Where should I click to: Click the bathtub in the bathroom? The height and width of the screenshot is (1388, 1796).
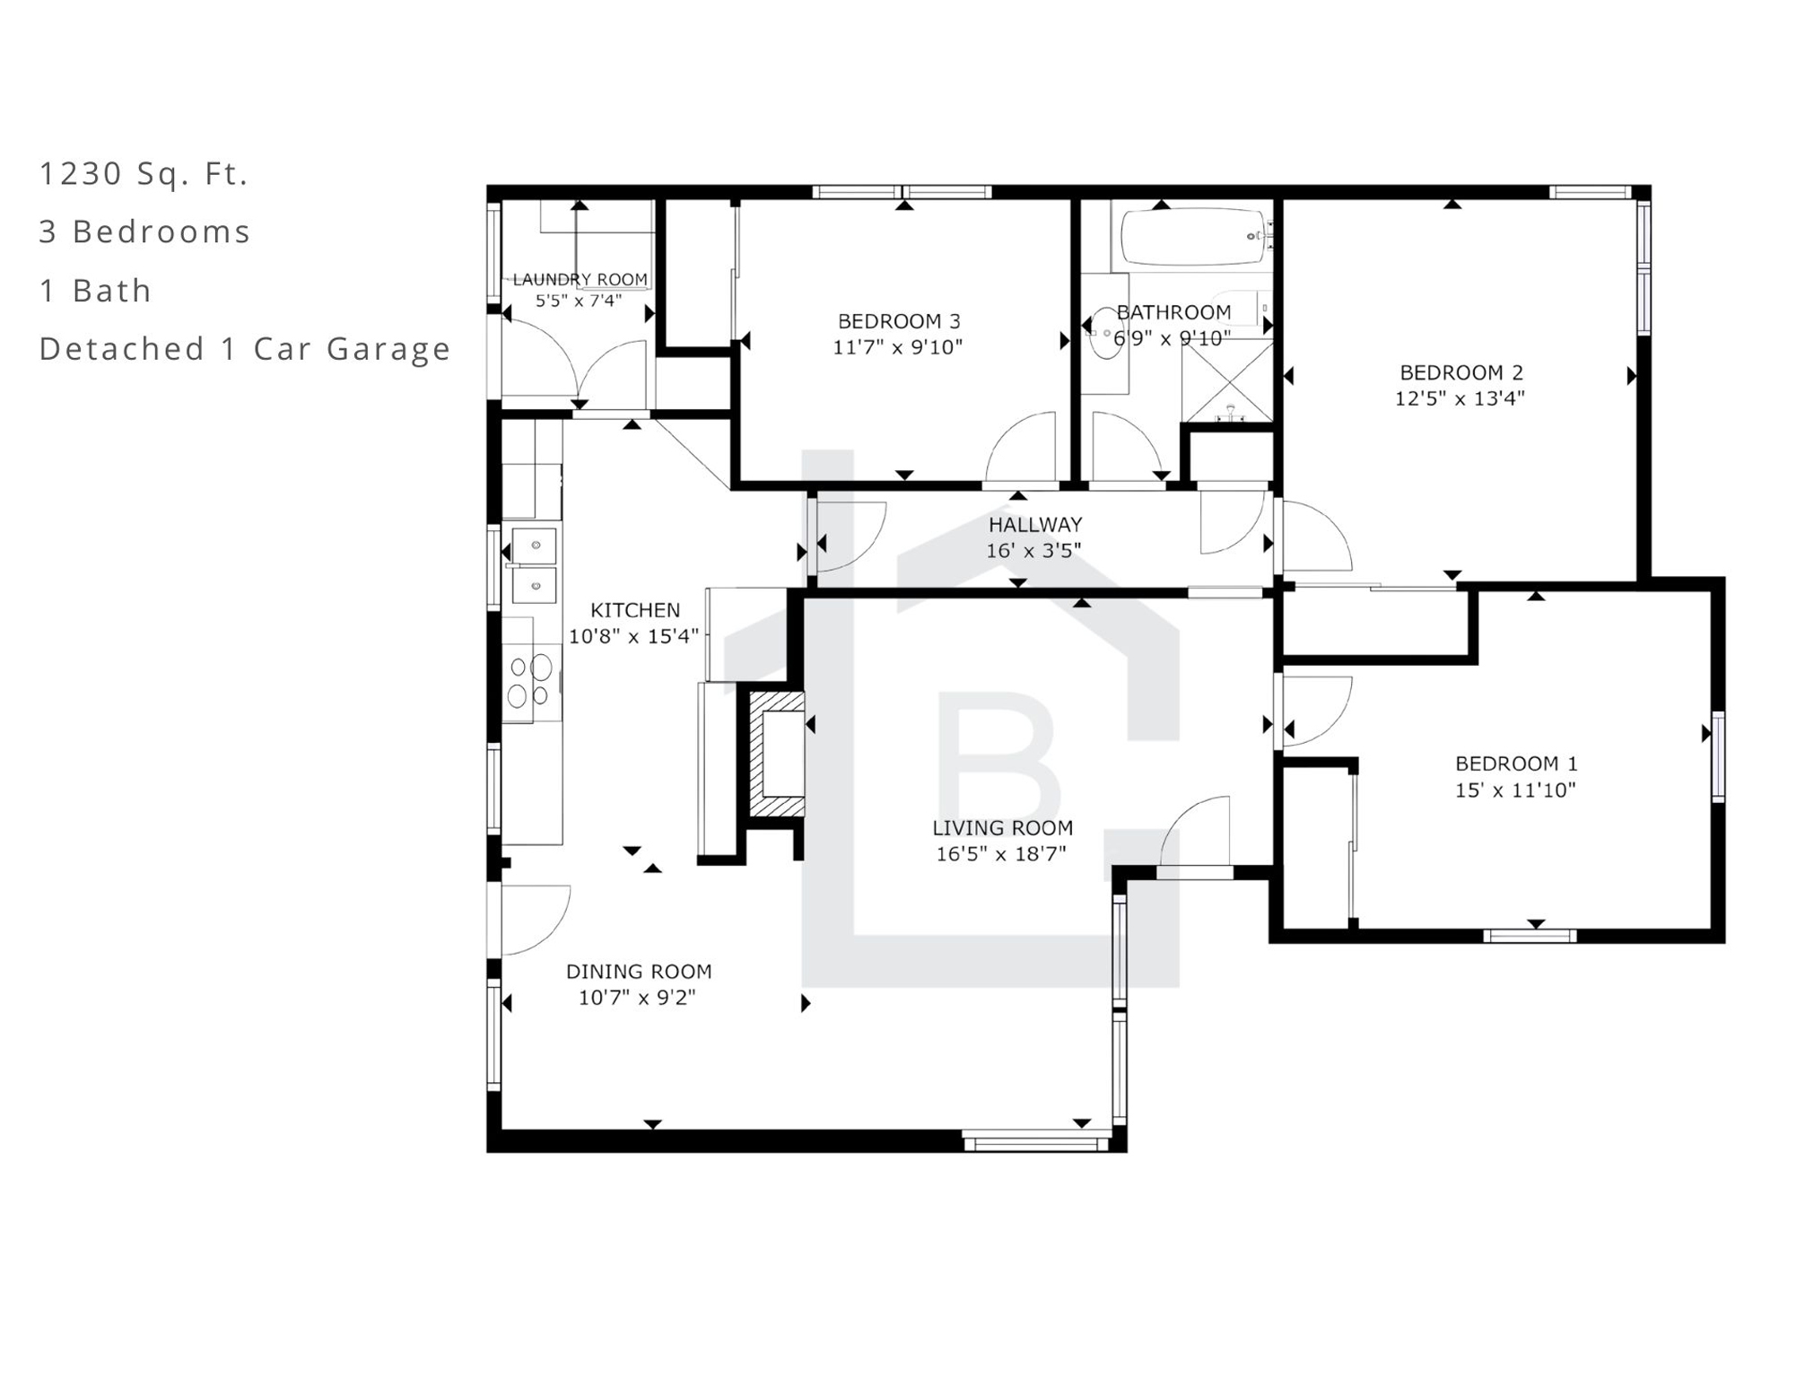1192,236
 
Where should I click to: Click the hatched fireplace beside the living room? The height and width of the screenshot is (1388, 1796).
776,754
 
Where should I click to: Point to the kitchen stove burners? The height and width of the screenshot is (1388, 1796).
529,681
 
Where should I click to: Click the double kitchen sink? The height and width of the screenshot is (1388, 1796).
533,565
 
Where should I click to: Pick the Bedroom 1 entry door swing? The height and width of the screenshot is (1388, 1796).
1318,711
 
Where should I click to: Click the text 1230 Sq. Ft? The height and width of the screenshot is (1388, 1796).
144,173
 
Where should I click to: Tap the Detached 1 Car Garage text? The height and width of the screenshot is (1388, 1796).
245,348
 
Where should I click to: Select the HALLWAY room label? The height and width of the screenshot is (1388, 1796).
1035,524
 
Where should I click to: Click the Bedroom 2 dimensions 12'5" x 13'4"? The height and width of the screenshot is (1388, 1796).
1460,397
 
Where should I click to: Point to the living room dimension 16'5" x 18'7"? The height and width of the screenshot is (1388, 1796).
1001,853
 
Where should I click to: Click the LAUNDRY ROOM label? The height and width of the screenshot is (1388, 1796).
580,280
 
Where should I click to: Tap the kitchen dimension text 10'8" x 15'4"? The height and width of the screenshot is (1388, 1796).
633,636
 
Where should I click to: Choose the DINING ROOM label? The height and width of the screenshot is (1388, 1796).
639,971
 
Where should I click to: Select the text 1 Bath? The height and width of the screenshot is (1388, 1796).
95,291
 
